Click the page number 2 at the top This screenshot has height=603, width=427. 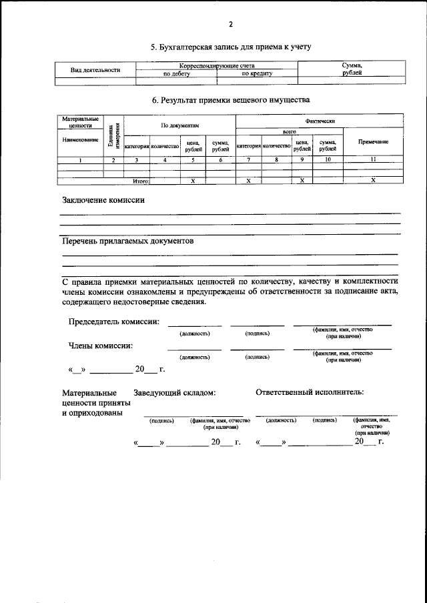pyautogui.click(x=230, y=25)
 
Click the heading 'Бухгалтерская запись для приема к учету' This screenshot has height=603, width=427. pyautogui.click(x=231, y=47)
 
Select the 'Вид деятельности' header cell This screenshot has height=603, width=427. pyautogui.click(x=95, y=70)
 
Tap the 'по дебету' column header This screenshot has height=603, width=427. pyautogui.click(x=177, y=74)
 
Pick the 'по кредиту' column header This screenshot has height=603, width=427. pyautogui.click(x=257, y=74)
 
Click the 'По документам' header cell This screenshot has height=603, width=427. pyautogui.click(x=179, y=125)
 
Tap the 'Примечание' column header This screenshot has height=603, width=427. pyautogui.click(x=373, y=142)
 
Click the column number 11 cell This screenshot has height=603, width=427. pyautogui.click(x=373, y=160)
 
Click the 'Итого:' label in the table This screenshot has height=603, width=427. pyautogui.click(x=140, y=181)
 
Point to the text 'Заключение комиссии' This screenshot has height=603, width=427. pyautogui.click(x=103, y=199)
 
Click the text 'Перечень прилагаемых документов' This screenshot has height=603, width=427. pyautogui.click(x=128, y=241)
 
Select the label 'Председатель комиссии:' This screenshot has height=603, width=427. pyautogui.click(x=114, y=322)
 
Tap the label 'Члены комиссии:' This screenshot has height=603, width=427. pyautogui.click(x=100, y=346)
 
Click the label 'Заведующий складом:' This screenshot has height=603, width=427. pyautogui.click(x=174, y=393)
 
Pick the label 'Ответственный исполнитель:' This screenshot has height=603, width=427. pyautogui.click(x=310, y=392)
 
